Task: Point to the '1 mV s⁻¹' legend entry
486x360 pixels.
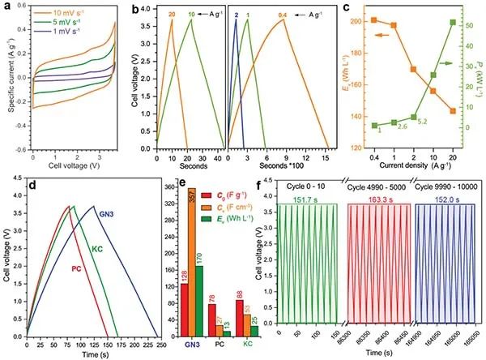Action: (65, 37)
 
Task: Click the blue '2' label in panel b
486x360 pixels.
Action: (236, 15)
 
